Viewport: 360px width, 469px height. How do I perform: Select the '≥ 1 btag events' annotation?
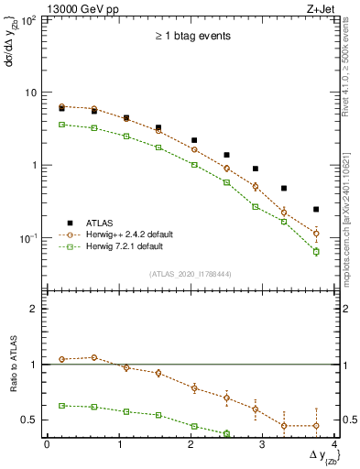[191, 36]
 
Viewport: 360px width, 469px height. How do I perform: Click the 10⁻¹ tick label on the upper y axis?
[27, 238]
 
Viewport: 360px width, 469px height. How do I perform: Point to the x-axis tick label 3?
[264, 444]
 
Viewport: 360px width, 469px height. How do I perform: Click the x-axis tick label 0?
[47, 444]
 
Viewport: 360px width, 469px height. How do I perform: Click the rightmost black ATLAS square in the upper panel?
[316, 210]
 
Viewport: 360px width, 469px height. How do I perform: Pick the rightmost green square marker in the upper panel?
[316, 251]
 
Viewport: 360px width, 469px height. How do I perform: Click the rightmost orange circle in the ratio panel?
[316, 425]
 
